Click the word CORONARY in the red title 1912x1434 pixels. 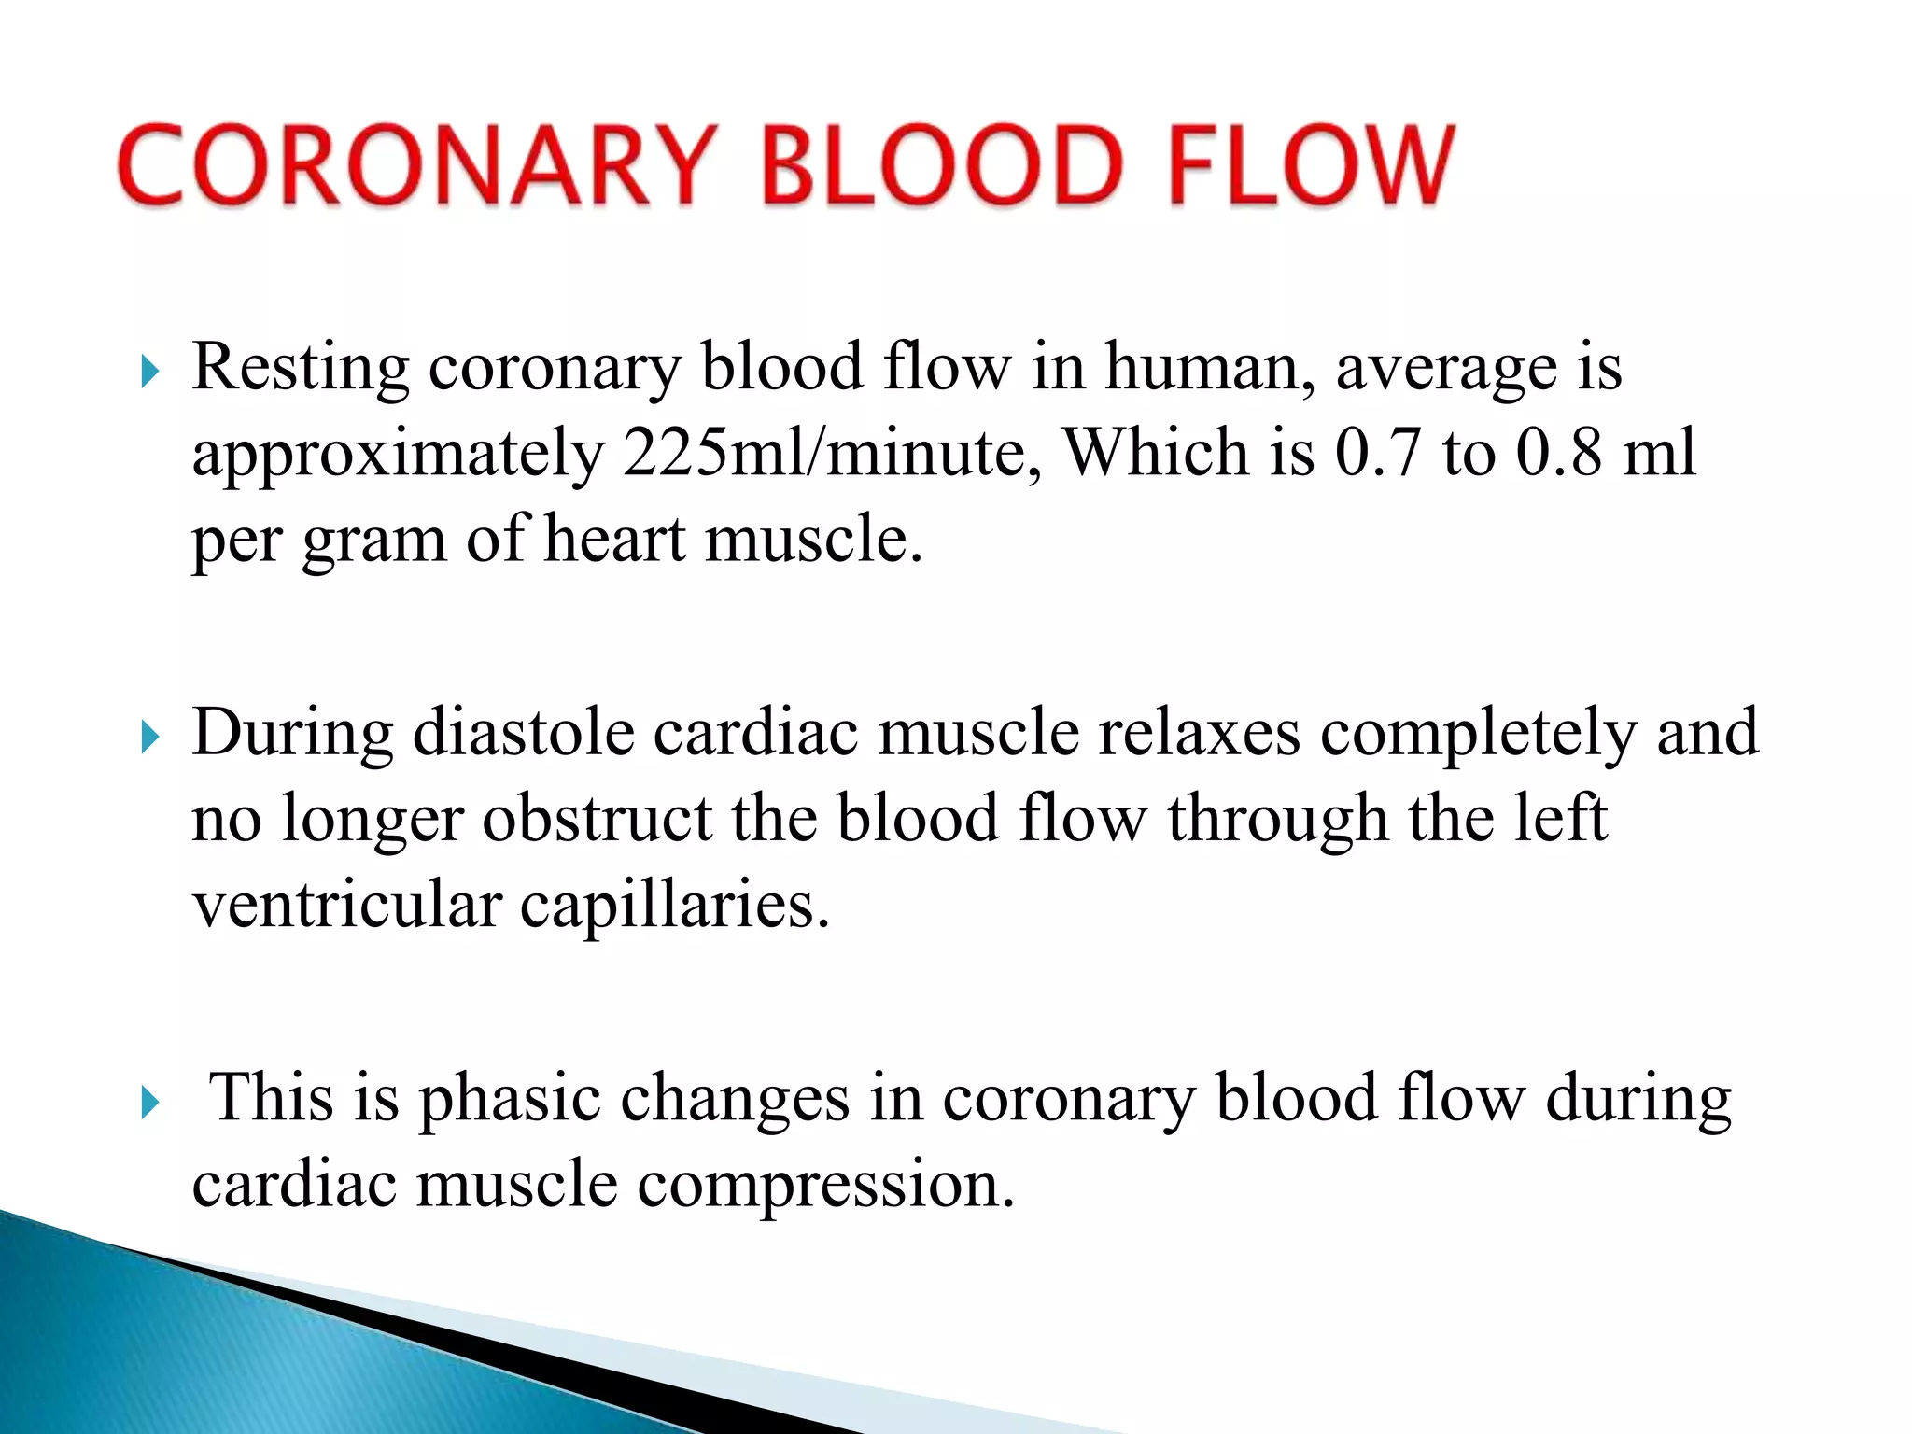[418, 165]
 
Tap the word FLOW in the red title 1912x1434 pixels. [1310, 165]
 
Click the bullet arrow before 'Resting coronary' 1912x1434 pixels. [149, 373]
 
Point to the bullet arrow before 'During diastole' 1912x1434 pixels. [149, 738]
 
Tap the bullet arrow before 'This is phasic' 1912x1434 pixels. [149, 1104]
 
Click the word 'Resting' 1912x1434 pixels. [300, 368]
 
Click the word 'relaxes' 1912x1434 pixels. [1199, 733]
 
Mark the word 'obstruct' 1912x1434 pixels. [597, 819]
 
